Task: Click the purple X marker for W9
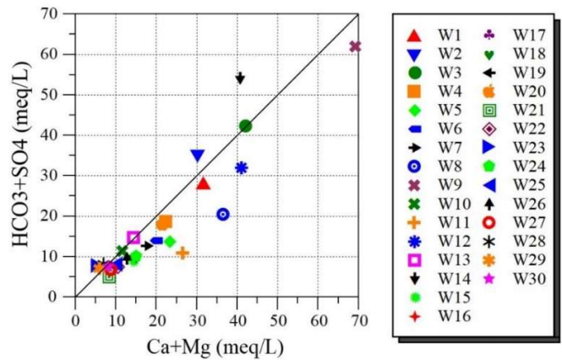pos(355,46)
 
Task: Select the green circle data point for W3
pos(246,126)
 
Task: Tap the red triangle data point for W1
pos(203,183)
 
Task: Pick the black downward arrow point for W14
pos(240,78)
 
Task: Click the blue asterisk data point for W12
pos(241,167)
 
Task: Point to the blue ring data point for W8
pos(223,215)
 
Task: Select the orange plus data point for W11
pos(182,252)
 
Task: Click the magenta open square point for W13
pos(134,237)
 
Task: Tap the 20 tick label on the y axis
pos(57,216)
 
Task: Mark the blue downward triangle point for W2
pos(197,155)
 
